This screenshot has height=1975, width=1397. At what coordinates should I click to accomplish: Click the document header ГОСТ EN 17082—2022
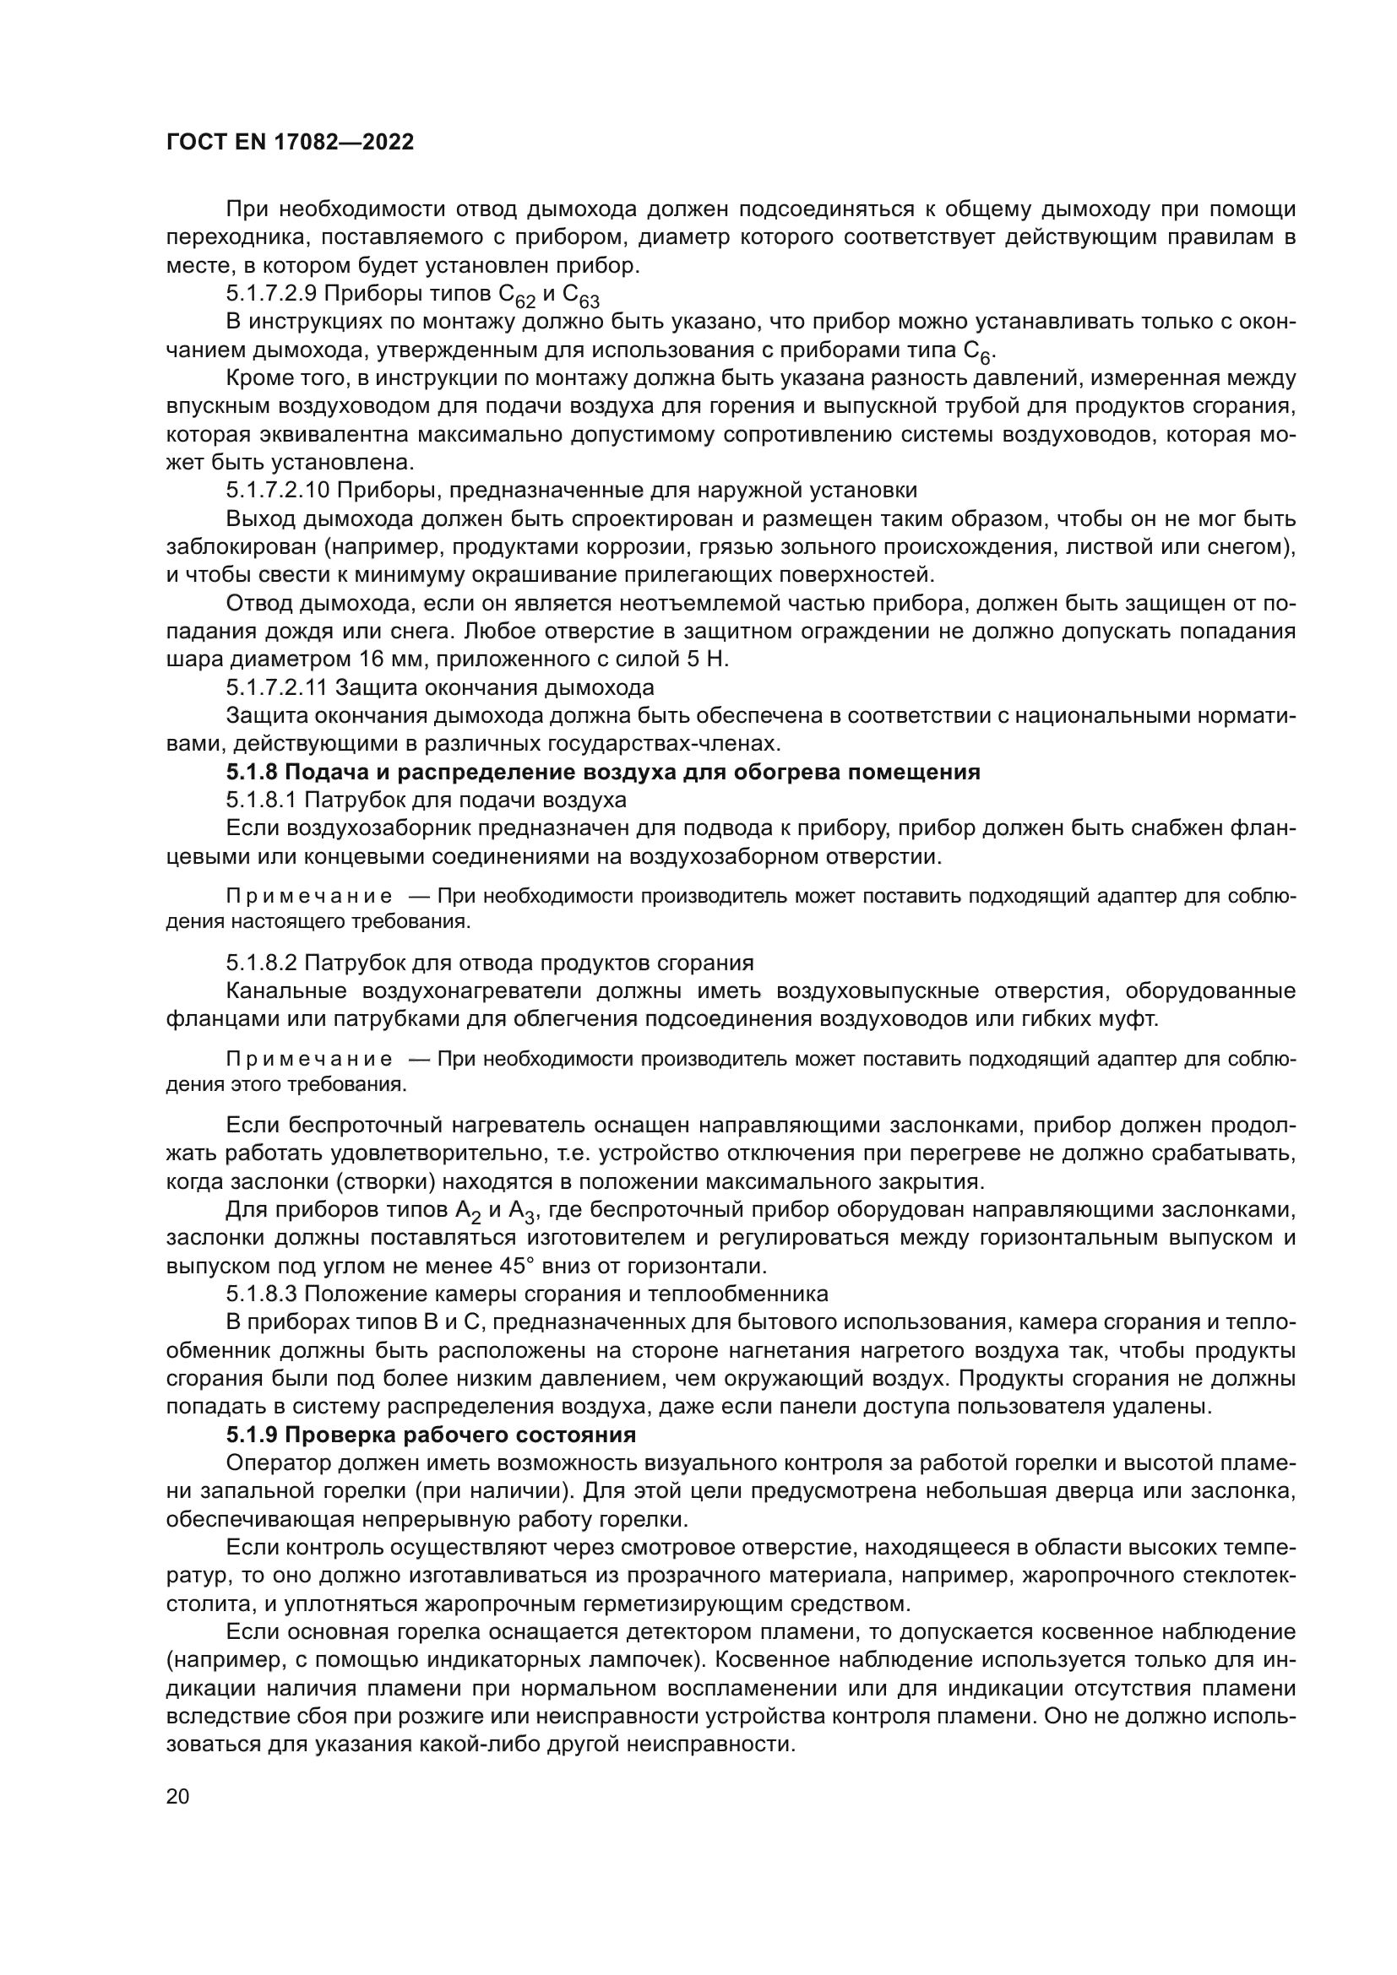coord(290,143)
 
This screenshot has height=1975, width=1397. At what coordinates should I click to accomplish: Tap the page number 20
coord(177,1797)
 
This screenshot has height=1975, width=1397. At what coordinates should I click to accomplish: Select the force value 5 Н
coord(709,659)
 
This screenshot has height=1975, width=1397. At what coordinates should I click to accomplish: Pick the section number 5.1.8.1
coord(262,800)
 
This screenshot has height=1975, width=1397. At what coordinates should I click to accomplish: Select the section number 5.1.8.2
coord(262,962)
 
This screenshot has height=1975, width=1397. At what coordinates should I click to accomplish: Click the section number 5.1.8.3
coord(262,1294)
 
